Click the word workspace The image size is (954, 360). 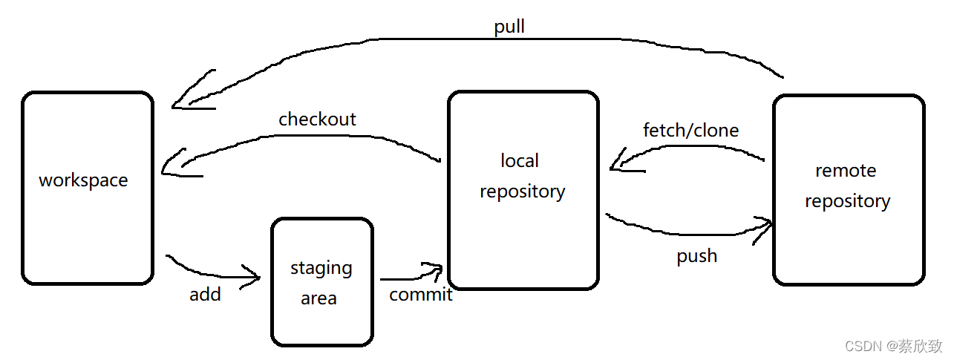[83, 180]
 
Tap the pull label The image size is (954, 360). [509, 27]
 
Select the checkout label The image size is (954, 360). [317, 120]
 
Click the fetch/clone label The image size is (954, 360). [690, 131]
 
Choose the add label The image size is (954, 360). [206, 295]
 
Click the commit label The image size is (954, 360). [421, 295]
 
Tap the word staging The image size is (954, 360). [321, 269]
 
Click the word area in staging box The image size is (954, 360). [318, 298]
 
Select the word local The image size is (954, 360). [520, 160]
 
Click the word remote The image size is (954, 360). [846, 171]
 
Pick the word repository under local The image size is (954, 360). [523, 192]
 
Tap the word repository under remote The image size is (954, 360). [848, 201]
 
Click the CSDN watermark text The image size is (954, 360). [894, 346]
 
